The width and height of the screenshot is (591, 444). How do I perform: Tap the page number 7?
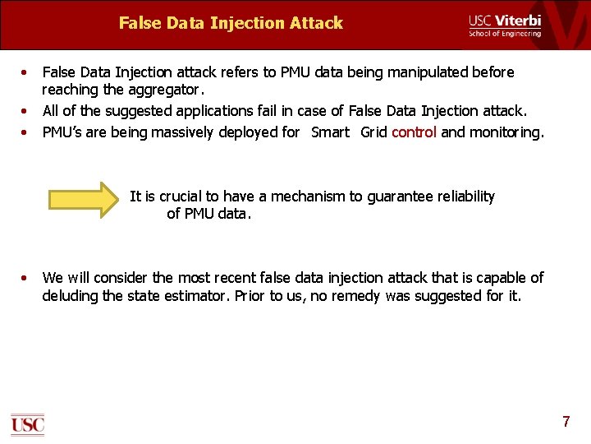[x=566, y=422]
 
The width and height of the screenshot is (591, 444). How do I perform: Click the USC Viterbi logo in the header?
[x=505, y=25]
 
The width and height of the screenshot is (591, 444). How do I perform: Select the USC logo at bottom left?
[x=27, y=423]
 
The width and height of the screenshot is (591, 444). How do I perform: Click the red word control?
[x=414, y=132]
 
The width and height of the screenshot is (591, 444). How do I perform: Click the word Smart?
[x=330, y=132]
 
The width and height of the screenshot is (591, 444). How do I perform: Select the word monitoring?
[x=505, y=132]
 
